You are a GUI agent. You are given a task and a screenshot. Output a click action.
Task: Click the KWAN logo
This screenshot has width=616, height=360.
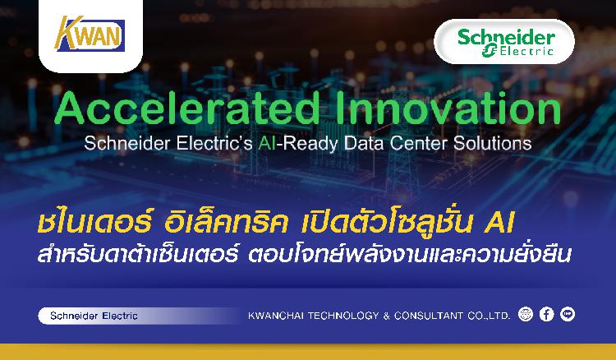pyautogui.click(x=90, y=35)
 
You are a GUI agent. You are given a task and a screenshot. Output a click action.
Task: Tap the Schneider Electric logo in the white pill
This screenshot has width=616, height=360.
pyautogui.click(x=506, y=42)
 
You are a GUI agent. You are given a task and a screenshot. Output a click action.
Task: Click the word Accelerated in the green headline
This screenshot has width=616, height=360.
pyautogui.click(x=186, y=108)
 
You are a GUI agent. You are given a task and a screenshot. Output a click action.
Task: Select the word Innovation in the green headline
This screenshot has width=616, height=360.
pyautogui.click(x=448, y=108)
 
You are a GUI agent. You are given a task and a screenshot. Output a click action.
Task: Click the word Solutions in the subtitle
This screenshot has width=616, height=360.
pyautogui.click(x=492, y=144)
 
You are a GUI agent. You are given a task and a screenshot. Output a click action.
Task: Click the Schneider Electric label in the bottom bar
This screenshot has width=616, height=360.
pyautogui.click(x=94, y=316)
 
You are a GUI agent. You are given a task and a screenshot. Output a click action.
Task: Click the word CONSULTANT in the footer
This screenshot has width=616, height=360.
pyautogui.click(x=429, y=316)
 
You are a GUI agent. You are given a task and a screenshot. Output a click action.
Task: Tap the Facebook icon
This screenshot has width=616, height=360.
pyautogui.click(x=546, y=314)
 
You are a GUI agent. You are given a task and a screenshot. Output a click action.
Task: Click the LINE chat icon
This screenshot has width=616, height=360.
pyautogui.click(x=568, y=314)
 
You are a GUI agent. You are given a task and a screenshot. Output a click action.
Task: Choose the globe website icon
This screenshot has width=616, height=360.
pyautogui.click(x=526, y=314)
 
